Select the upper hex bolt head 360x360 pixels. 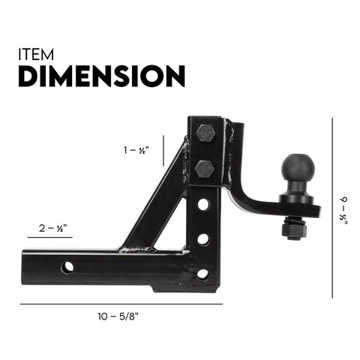(205, 133)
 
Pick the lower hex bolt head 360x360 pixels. (205, 168)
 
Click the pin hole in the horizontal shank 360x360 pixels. (68, 266)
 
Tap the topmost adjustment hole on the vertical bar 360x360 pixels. (203, 204)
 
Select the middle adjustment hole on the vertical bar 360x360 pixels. (203, 239)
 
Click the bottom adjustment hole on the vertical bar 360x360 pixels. (203, 273)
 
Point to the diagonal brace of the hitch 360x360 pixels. (154, 202)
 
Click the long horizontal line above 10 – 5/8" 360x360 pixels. (120, 304)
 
